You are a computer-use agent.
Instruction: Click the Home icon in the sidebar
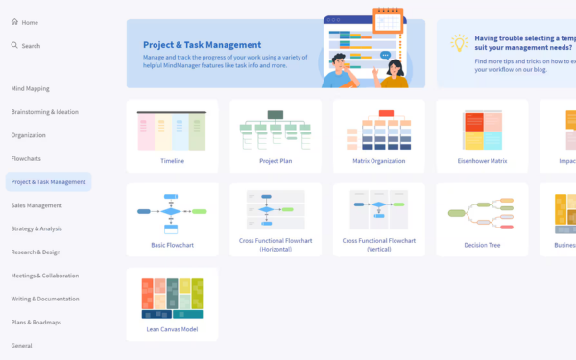pyautogui.click(x=14, y=22)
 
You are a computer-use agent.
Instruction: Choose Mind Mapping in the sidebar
pyautogui.click(x=30, y=88)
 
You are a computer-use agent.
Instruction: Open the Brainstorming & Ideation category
pyautogui.click(x=44, y=111)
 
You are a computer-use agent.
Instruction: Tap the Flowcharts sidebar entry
pyautogui.click(x=26, y=158)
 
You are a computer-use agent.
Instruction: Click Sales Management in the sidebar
pyautogui.click(x=36, y=205)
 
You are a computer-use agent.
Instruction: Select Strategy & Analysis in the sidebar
pyautogui.click(x=36, y=228)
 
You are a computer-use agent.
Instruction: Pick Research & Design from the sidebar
pyautogui.click(x=36, y=252)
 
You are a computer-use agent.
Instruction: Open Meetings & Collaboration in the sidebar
pyautogui.click(x=45, y=276)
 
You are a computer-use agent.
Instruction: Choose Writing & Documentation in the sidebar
pyautogui.click(x=45, y=299)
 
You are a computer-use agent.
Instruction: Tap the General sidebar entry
pyautogui.click(x=21, y=345)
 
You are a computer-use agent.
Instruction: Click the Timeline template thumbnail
pyautogui.click(x=172, y=130)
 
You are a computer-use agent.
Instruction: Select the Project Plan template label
pyautogui.click(x=276, y=161)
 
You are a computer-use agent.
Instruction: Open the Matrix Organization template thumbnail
pyautogui.click(x=378, y=130)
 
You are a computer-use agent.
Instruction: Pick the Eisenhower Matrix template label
pyautogui.click(x=482, y=161)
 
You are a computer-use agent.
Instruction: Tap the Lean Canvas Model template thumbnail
pyautogui.click(x=172, y=298)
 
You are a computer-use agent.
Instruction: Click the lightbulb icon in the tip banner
pyautogui.click(x=459, y=43)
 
